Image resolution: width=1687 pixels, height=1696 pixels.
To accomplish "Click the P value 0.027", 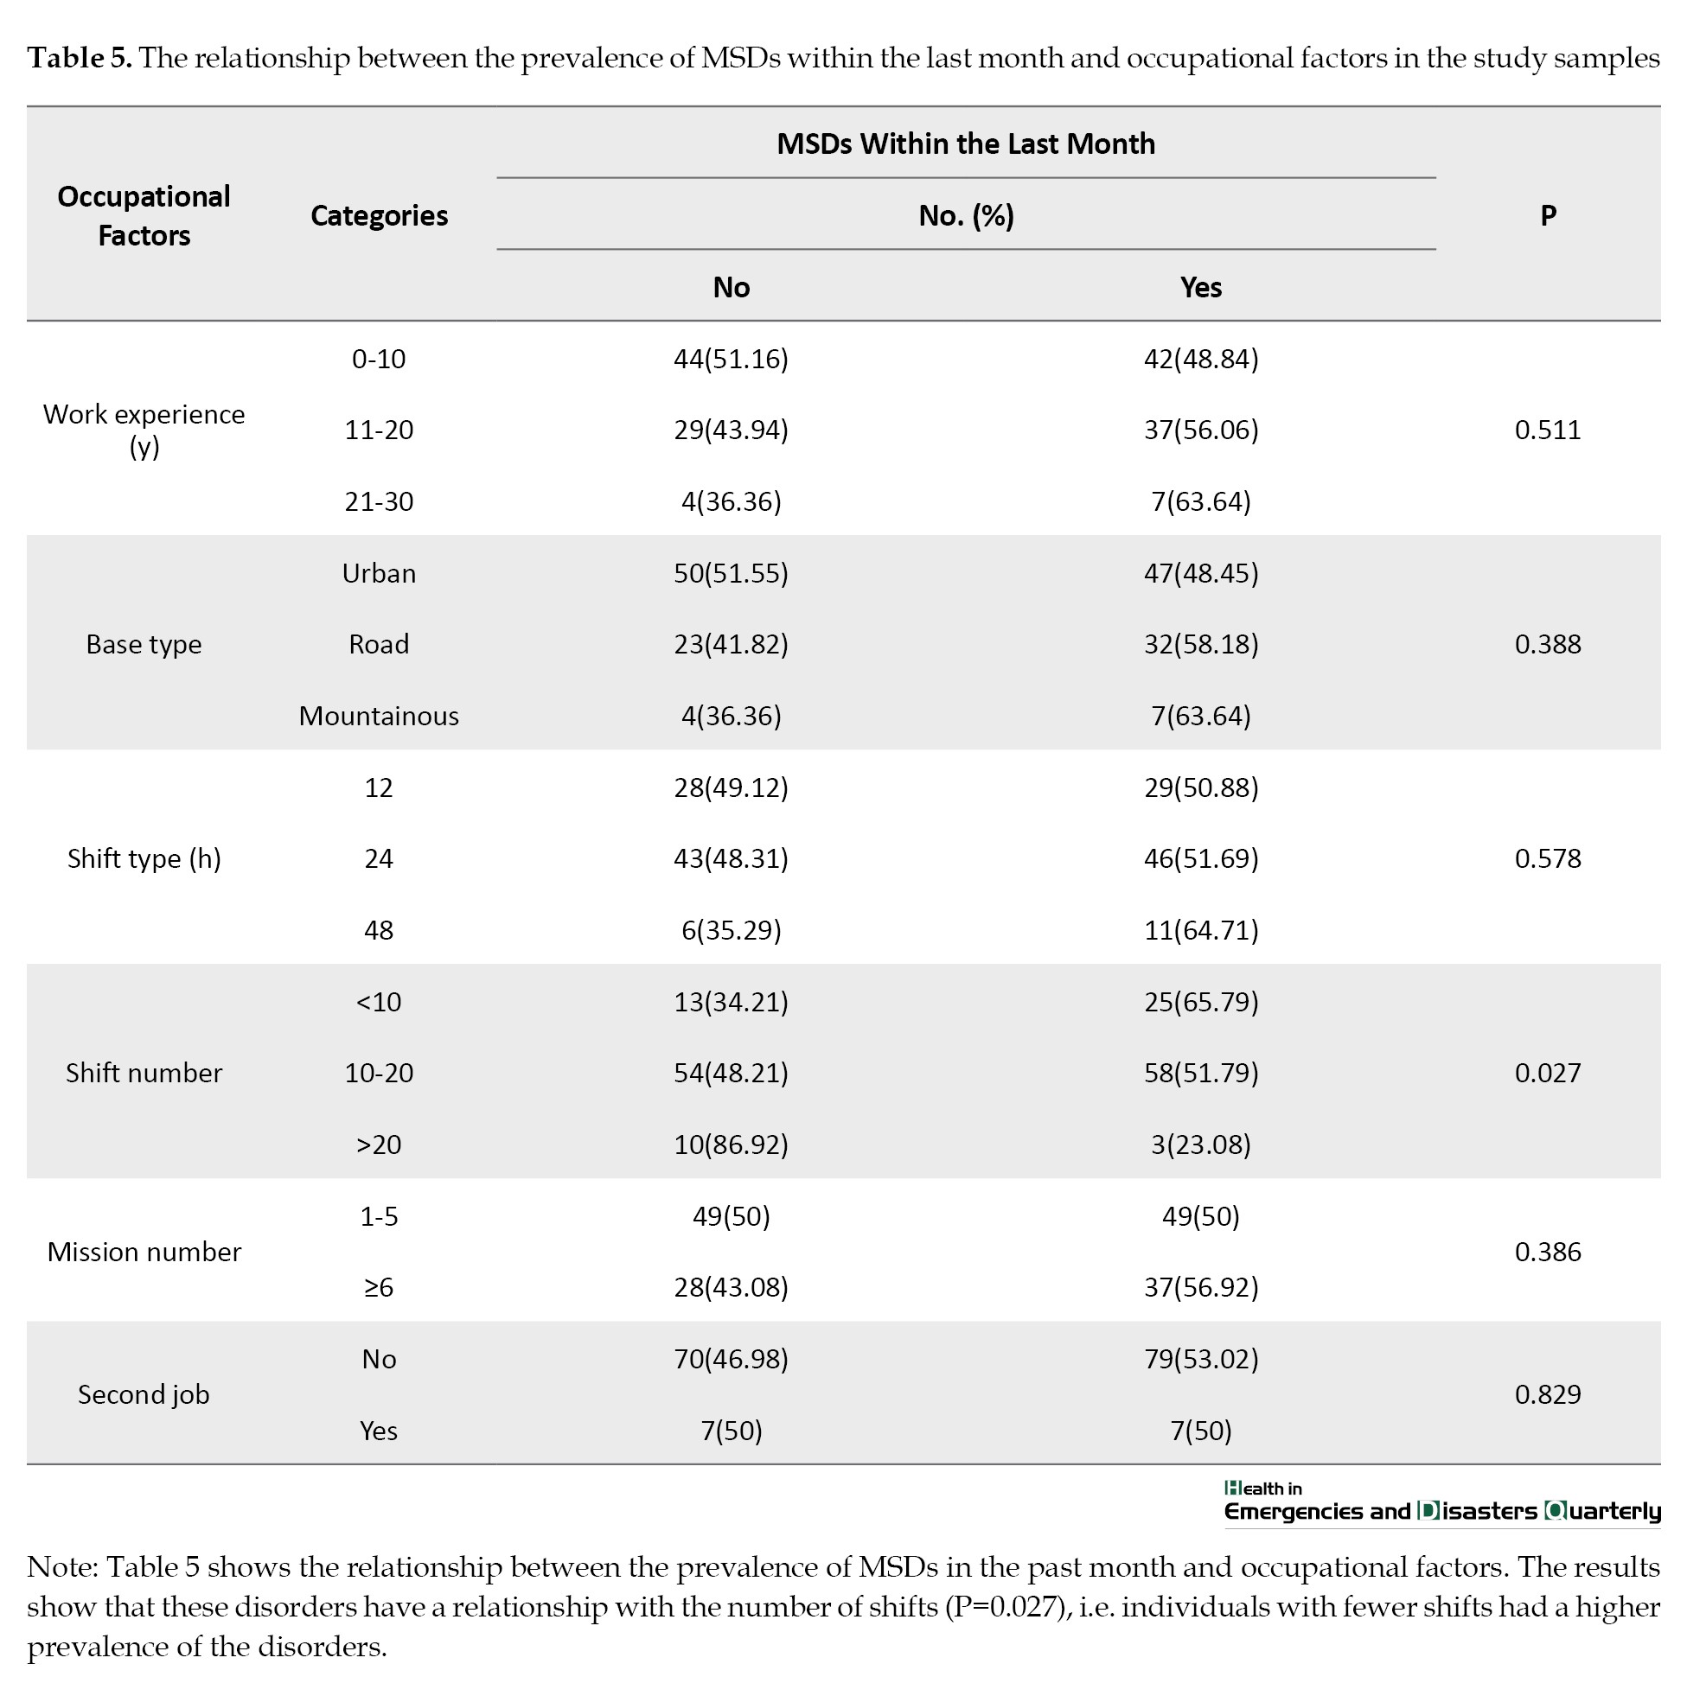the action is click(1548, 1073).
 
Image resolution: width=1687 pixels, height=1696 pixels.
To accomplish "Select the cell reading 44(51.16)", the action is click(731, 359).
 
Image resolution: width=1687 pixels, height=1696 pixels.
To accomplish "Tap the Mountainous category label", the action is click(379, 717).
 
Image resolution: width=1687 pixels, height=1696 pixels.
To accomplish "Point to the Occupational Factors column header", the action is click(144, 216).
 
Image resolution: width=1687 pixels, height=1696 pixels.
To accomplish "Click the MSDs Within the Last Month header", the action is click(966, 144).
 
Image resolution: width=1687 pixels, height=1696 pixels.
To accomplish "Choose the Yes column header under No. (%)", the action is click(1200, 287).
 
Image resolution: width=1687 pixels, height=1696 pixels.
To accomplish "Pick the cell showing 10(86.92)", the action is click(731, 1144).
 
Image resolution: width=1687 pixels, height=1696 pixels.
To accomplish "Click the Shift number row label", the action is click(144, 1073).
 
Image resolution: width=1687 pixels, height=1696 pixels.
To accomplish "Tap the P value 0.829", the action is click(1548, 1395).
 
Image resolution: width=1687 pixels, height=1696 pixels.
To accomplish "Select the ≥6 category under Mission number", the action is click(379, 1288).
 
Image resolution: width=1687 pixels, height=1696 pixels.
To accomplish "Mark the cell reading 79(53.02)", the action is click(1200, 1359).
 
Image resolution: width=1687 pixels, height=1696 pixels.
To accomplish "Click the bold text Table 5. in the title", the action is click(80, 58).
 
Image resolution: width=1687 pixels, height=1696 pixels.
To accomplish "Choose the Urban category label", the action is click(379, 573).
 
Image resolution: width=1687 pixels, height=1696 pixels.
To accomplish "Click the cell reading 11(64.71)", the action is click(1200, 930).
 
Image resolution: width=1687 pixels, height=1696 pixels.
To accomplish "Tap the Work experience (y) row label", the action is click(144, 430).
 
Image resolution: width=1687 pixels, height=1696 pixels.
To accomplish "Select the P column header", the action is click(1548, 216).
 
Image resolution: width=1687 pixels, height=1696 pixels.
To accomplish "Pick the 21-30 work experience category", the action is click(379, 502).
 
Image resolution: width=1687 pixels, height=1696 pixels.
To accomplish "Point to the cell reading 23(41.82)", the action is click(731, 644).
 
